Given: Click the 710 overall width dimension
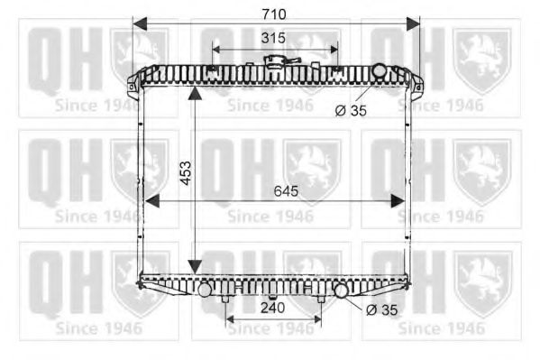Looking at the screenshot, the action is pos(274,14).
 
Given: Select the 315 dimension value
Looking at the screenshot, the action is pos(273,38).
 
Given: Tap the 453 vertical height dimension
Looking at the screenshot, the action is pos(186,173).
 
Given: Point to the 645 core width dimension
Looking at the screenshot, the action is pos(286,191).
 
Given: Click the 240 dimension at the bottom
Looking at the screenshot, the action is pos(273,308).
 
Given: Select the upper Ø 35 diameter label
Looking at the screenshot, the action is pos(351,111).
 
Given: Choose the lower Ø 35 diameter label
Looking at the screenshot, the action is pos(382,310).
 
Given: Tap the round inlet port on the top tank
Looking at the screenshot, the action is pos(380,70).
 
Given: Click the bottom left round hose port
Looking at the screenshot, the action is pos(205,290).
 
